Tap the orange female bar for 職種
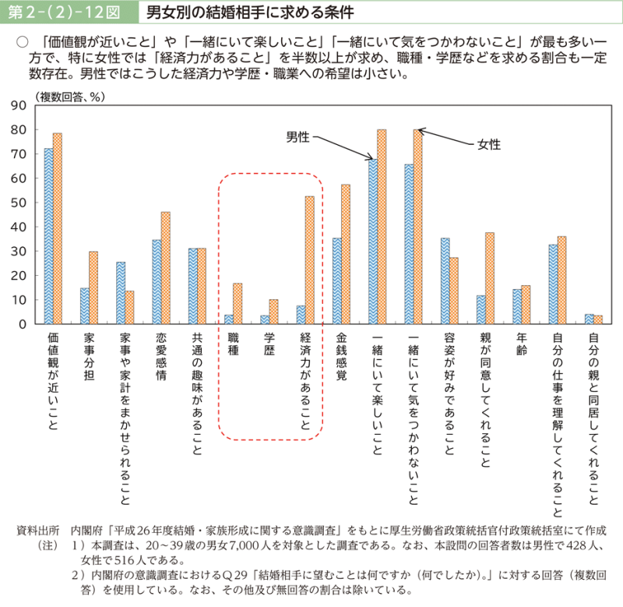tap(238, 303)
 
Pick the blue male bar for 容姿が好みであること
tap(445, 281)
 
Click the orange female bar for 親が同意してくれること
tap(490, 277)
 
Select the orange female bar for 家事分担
tap(93, 288)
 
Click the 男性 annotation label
tap(297, 137)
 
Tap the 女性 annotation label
tap(488, 144)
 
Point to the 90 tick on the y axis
tap(19, 105)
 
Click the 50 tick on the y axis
tap(19, 203)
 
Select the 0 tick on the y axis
tap(23, 323)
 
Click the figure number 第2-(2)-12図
tap(64, 13)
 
